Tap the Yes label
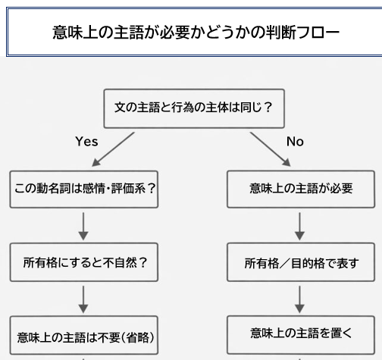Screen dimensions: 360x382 tap(86, 141)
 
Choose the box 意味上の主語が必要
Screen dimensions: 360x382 tap(301, 188)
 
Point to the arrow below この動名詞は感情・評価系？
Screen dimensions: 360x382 tap(84, 225)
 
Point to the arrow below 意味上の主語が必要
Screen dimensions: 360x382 tap(301, 225)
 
